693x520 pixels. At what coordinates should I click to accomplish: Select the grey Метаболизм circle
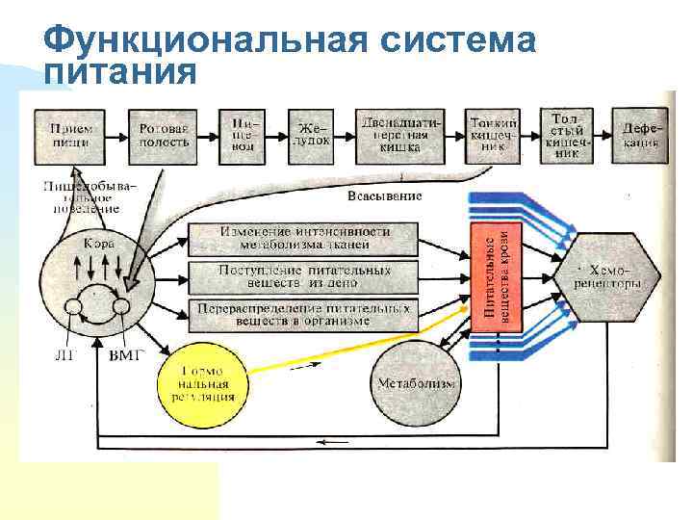[417, 382]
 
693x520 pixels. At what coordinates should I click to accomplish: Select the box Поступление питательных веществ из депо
[304, 275]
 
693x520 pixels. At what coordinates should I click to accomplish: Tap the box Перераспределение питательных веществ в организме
[304, 314]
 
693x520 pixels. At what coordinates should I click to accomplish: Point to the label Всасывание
[384, 195]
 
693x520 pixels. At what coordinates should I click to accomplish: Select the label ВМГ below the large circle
[126, 355]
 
